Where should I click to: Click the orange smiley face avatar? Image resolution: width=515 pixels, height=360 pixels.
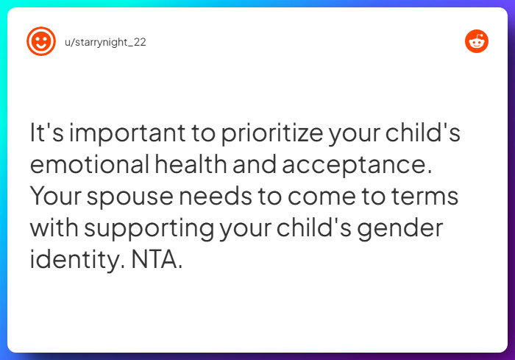coord(41,41)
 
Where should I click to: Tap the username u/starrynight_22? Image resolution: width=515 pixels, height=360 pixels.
coord(105,42)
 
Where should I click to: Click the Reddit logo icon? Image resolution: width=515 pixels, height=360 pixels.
coord(477,41)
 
